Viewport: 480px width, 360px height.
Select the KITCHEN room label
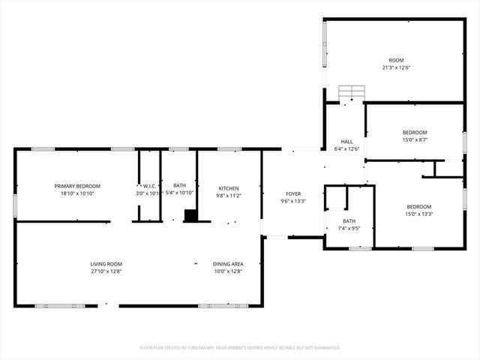[229, 188]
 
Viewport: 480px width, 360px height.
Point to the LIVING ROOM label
[106, 264]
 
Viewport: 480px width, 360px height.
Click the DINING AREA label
[228, 264]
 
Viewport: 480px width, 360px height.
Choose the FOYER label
[292, 193]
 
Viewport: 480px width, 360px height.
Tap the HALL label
[346, 141]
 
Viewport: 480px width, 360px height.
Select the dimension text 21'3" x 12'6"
[394, 67]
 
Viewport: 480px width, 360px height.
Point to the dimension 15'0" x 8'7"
[415, 139]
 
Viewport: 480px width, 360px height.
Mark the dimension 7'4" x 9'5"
[349, 228]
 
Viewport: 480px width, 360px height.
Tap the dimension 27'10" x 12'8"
[106, 271]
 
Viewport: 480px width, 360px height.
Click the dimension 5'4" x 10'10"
[180, 193]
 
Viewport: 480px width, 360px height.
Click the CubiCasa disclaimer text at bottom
[240, 347]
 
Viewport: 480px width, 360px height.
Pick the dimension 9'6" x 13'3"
[292, 201]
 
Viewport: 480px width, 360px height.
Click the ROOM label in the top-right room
[395, 60]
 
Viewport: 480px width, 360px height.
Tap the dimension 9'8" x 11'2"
[229, 195]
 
